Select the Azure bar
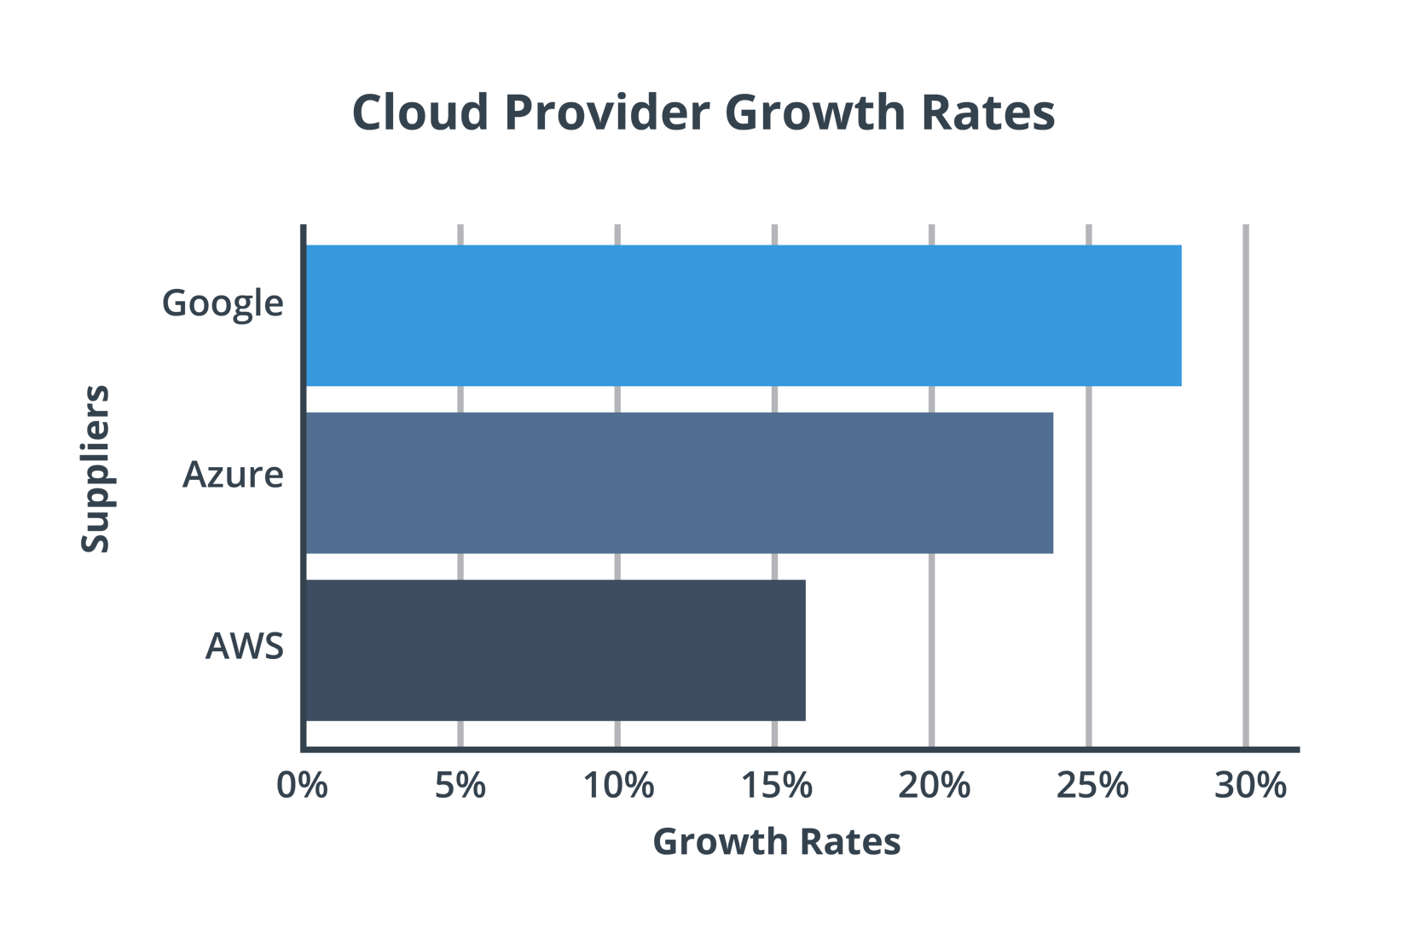coord(680,483)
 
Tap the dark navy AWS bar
coord(556,650)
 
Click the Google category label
coord(223,304)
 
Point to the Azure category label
coord(233,475)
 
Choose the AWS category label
coord(245,646)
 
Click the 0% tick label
coord(302,785)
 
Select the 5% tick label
coord(460,785)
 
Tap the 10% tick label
coord(618,785)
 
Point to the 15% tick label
coord(776,785)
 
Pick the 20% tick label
coord(934,785)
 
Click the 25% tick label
coord(1091,785)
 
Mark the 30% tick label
coord(1249,785)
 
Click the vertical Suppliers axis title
coord(96,469)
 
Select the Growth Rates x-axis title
coord(777,842)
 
